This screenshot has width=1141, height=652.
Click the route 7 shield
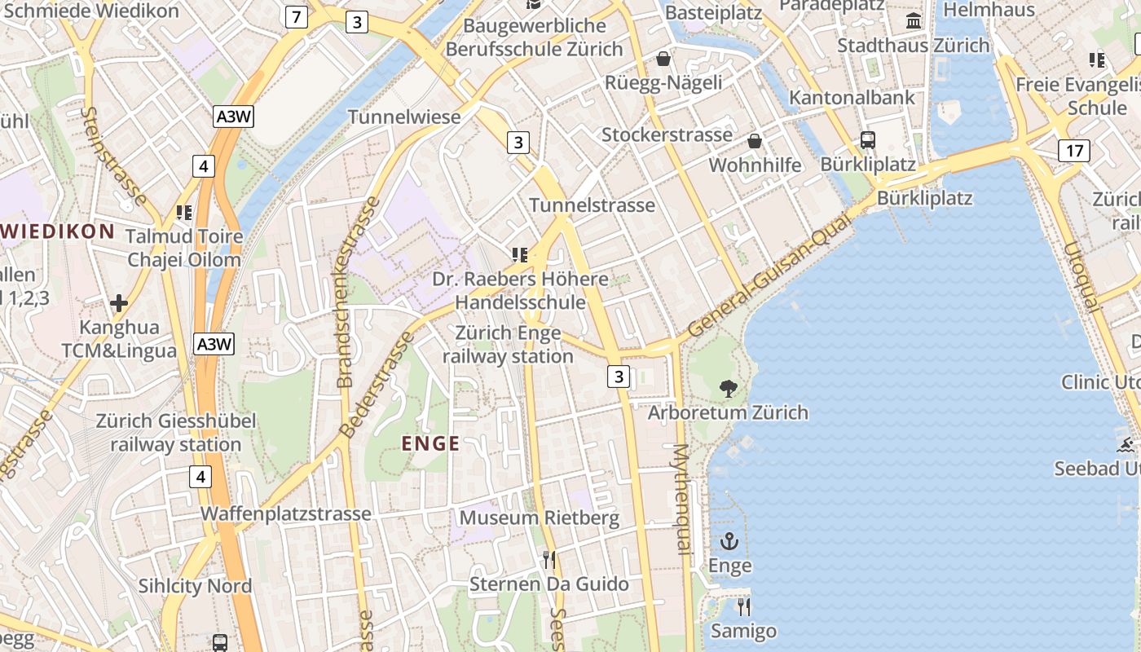tap(296, 16)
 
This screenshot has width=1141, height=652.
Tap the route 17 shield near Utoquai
tap(1074, 151)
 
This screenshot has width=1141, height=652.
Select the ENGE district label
tap(431, 444)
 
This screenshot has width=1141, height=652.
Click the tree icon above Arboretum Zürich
tap(728, 389)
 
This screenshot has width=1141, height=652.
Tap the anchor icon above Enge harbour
tap(729, 541)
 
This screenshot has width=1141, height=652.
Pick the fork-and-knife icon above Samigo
tap(743, 607)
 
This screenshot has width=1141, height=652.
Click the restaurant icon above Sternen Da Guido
tap(549, 560)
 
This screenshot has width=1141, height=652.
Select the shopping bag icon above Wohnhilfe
tap(755, 141)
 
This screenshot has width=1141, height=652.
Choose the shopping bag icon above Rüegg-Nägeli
tap(663, 59)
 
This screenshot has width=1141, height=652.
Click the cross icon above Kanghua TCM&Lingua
tap(119, 304)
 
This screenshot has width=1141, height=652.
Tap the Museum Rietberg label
tap(540, 518)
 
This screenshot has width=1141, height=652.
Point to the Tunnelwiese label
tap(404, 117)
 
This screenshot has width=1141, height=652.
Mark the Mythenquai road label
tap(682, 499)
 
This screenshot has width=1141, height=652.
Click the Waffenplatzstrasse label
tap(286, 514)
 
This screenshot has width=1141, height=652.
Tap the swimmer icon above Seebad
tap(1126, 445)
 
